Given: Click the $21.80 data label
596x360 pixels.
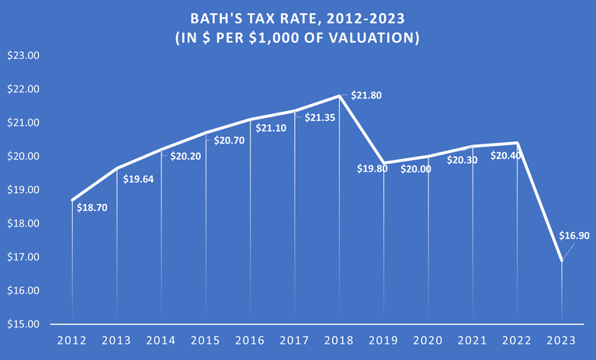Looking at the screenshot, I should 366,95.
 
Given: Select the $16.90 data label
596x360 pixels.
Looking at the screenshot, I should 575,236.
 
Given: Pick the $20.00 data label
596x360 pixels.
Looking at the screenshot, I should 416,168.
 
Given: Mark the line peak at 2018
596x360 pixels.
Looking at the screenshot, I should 339,96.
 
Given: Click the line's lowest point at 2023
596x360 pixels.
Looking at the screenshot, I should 562,261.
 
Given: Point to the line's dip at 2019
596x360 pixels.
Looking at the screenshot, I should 383,163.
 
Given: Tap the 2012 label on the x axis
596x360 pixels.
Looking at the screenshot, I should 72,341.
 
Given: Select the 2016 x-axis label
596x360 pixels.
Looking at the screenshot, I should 250,341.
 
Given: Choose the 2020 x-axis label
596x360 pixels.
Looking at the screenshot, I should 428,341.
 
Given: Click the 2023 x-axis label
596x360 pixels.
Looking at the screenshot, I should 562,341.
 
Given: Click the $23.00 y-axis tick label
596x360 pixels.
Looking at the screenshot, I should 23,56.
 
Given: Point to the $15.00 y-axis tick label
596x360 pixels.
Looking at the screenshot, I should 23,324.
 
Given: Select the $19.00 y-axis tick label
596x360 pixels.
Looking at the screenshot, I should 23,190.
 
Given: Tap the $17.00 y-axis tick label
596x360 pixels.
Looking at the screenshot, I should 23,257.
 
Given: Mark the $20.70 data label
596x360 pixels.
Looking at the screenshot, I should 229,140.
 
